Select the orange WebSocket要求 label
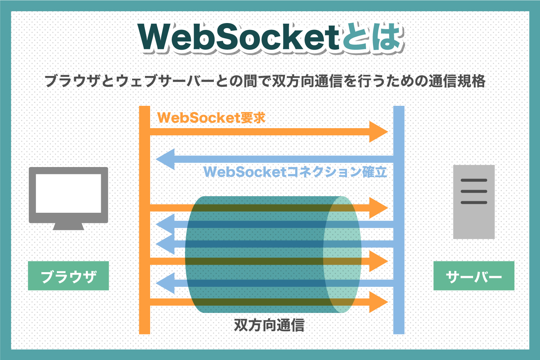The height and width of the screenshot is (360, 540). (x=211, y=118)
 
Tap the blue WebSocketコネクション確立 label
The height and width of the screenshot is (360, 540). (x=295, y=172)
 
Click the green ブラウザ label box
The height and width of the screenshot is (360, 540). (x=68, y=276)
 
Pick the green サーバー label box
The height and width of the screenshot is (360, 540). (x=474, y=276)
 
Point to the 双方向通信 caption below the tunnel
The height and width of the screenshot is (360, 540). (x=269, y=325)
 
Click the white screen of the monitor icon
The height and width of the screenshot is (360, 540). (x=68, y=193)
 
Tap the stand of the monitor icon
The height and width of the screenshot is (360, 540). (x=68, y=226)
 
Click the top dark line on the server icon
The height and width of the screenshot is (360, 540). (x=474, y=180)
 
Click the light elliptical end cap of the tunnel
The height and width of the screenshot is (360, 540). (x=342, y=254)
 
